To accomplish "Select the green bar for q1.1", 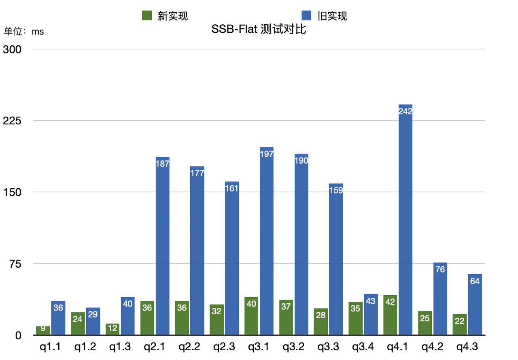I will tap(43, 330).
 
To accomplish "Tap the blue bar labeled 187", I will tap(162, 246).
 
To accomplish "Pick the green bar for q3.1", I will tap(251, 316).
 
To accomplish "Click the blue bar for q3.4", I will tap(371, 314).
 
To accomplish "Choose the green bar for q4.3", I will tap(460, 324).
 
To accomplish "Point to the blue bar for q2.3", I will tap(232, 258).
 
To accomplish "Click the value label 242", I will tap(405, 111).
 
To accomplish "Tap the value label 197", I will tap(267, 154).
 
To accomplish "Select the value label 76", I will tap(440, 269).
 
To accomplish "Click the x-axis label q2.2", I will tap(189, 347).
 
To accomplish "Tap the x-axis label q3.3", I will tap(329, 347).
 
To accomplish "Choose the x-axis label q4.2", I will tap(433, 347).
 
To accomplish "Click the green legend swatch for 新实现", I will tap(146, 16).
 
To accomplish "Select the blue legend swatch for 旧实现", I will tap(306, 16).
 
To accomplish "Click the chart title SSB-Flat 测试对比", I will tap(259, 29).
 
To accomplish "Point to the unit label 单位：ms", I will tap(24, 32).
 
